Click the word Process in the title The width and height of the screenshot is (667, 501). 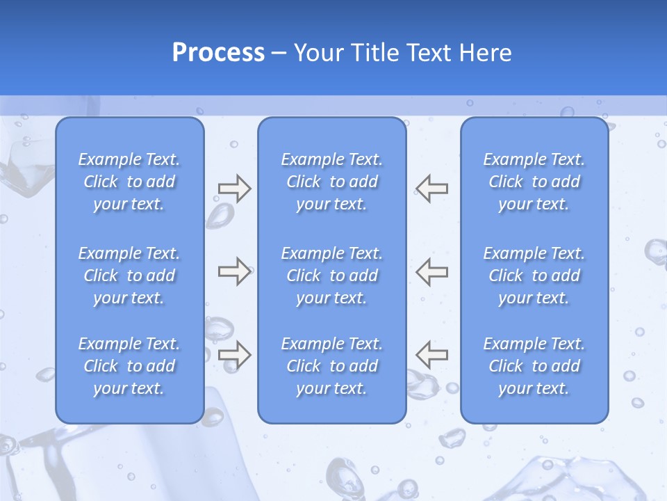coord(218,53)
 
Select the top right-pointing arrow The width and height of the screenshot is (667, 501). coord(234,189)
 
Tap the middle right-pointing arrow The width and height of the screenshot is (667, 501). coord(234,271)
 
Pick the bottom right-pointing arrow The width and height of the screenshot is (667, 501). coord(234,354)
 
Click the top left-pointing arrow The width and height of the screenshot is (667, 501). coord(432,189)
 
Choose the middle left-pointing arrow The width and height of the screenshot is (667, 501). coord(432,271)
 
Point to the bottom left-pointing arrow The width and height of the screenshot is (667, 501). coord(432,354)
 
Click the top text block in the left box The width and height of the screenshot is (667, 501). coord(129,182)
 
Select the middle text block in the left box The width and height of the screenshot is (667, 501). coord(129,276)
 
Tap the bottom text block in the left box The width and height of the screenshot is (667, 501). coord(129,366)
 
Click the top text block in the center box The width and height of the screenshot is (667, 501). coord(332,182)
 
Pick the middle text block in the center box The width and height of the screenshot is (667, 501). coord(332,276)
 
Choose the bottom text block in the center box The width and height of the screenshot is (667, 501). coord(332,366)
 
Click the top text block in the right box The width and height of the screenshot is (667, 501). coord(534,182)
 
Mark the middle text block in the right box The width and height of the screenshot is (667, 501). coord(534,276)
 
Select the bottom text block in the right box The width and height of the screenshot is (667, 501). coord(534,366)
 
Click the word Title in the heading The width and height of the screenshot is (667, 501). coord(374,53)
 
